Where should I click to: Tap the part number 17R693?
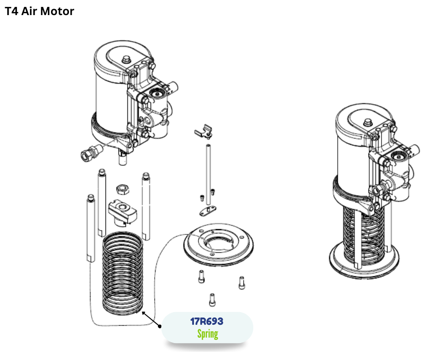207,321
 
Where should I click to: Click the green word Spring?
207,334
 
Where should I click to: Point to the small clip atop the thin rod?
202,131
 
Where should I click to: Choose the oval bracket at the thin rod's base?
208,211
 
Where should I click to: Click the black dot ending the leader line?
160,326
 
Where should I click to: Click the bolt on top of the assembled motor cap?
367,122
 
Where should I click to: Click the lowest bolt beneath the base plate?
212,299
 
